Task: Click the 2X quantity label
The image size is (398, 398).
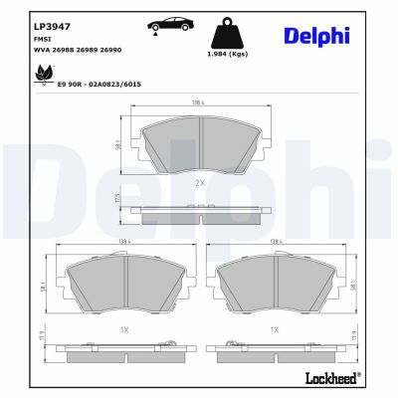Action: [x=199, y=183]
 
